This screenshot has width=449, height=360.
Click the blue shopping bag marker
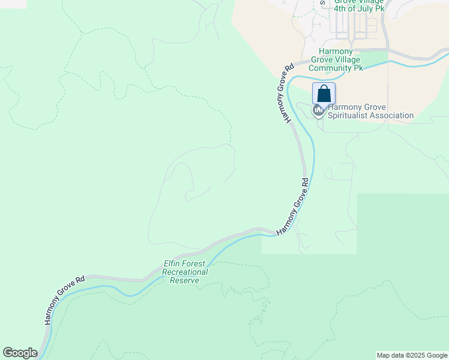pos(324,94)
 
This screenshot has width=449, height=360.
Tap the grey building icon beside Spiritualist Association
pos(318,110)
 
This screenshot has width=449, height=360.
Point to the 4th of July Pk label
pos(359,9)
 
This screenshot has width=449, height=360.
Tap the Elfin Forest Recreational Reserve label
pos(185,272)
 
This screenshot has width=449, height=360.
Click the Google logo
pos(20,353)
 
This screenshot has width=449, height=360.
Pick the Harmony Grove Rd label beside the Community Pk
pos(285,92)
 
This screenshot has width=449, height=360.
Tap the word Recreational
pos(185,272)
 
